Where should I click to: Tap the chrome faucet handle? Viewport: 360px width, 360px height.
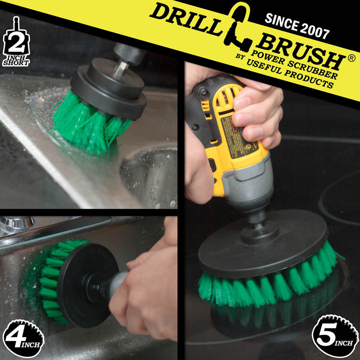tap(18, 223)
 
